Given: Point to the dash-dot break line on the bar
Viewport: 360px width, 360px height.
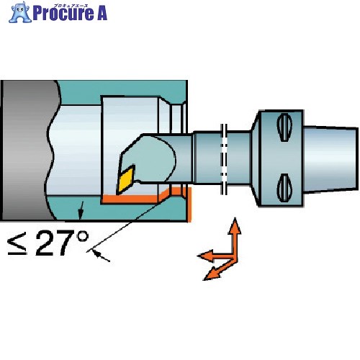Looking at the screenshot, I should (x=224, y=158).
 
